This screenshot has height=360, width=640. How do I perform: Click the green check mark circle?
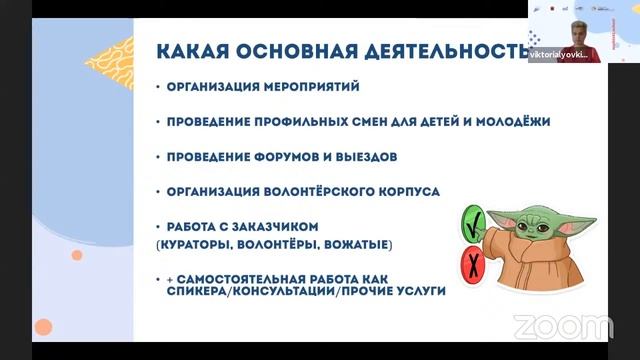(471, 220)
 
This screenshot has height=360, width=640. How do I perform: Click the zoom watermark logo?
(563, 326)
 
